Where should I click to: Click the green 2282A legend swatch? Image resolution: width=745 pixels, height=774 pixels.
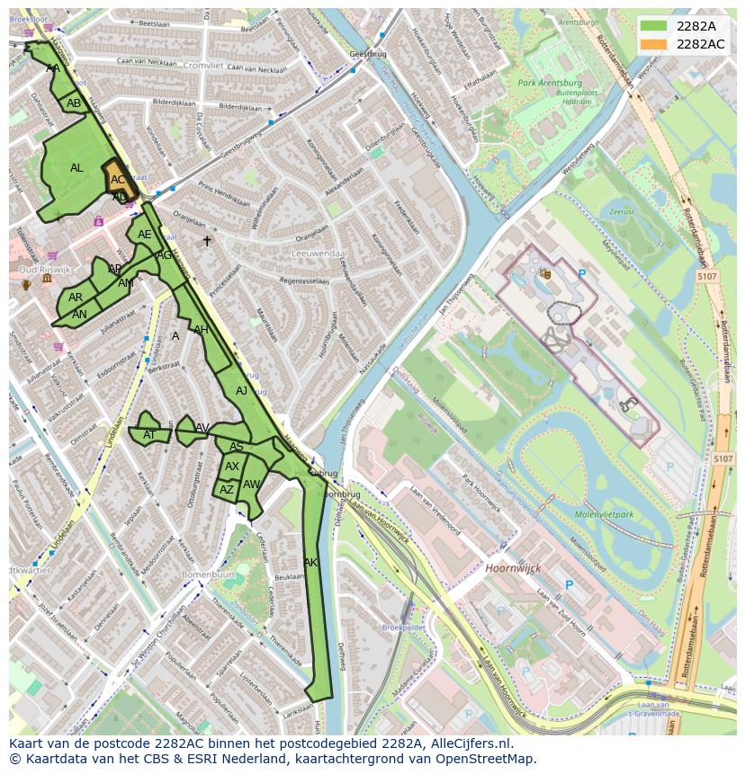[655, 25]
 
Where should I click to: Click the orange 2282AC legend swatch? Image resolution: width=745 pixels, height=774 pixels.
[655, 44]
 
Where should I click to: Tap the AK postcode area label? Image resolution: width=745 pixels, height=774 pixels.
[310, 563]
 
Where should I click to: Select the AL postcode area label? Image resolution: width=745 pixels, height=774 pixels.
[76, 168]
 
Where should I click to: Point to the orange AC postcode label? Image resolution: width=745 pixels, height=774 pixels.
[118, 180]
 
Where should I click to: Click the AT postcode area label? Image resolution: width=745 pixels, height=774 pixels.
[149, 434]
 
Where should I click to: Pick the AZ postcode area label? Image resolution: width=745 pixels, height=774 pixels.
[226, 490]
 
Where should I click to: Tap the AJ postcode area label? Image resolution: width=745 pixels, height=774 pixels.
[241, 391]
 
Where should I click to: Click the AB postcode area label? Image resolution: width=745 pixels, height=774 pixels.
[74, 103]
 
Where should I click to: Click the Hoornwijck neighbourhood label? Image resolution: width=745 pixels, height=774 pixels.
[510, 569]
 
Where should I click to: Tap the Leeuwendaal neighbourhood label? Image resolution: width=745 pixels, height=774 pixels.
[319, 254]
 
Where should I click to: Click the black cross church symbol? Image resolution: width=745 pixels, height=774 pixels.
[207, 241]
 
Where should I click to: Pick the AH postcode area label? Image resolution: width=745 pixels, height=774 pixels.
[201, 330]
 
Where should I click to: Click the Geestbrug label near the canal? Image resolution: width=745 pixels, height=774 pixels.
[366, 54]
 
